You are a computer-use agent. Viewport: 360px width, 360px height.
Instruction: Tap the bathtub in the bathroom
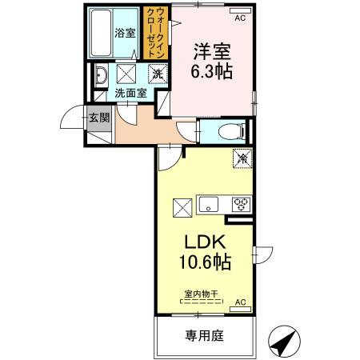click(102, 34)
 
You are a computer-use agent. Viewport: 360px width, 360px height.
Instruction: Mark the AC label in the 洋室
click(240, 15)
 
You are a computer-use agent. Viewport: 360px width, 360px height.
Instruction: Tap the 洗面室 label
click(129, 94)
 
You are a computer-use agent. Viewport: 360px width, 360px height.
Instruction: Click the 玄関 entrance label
click(95, 118)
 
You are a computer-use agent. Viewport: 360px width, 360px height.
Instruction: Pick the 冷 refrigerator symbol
click(240, 158)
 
